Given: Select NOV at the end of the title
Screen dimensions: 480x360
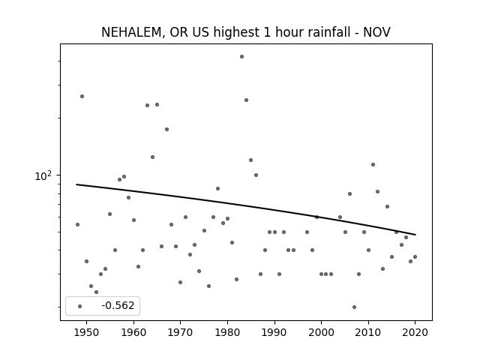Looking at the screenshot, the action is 376,32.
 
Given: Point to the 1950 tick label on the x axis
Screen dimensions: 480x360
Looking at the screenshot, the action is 87,332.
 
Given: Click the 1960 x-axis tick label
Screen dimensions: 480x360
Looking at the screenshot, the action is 133,332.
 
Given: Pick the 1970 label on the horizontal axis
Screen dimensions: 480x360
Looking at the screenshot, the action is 180,332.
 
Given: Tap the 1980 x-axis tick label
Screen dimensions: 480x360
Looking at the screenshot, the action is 227,332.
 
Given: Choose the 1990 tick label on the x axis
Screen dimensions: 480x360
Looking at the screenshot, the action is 274,332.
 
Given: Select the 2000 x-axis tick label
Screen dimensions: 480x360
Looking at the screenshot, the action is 321,332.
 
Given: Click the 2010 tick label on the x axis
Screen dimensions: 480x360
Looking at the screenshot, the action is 368,332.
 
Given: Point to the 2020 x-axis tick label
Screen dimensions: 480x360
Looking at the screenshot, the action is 415,332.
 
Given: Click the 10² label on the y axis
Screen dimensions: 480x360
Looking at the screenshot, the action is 43,175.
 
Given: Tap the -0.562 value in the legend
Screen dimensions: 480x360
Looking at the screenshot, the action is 118,305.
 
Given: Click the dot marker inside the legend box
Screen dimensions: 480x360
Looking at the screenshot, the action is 80,306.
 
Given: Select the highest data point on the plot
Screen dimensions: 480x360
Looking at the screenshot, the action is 241,57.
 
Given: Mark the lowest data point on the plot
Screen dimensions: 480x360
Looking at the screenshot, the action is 354,307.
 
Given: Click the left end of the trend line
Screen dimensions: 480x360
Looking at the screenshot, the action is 76,184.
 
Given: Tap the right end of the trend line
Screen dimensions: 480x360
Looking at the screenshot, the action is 415,235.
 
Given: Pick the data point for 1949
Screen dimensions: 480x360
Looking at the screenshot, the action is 82,97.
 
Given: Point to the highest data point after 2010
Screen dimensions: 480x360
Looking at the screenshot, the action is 373,165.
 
